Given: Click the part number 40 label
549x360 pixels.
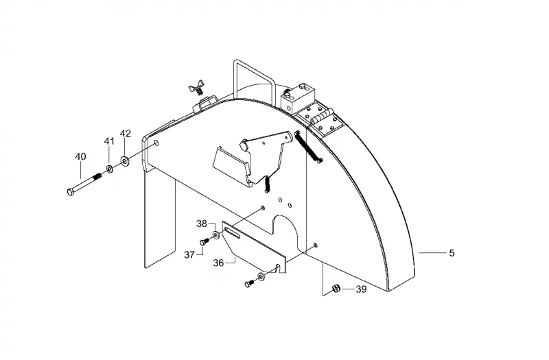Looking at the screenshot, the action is click(x=80, y=156).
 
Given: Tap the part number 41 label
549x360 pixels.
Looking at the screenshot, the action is click(x=109, y=141).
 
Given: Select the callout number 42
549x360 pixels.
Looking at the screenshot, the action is click(x=126, y=133).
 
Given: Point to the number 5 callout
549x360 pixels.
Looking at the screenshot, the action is click(x=452, y=253).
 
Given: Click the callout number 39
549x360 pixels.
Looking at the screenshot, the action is click(x=361, y=289).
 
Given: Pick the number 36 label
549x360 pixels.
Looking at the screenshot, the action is click(x=218, y=263).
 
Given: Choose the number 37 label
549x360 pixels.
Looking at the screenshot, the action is click(x=189, y=254).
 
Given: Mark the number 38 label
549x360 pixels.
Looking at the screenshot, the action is click(x=202, y=224).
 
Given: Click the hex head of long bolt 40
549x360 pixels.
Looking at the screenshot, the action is click(x=71, y=191).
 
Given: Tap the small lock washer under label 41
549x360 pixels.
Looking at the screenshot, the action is click(x=109, y=169).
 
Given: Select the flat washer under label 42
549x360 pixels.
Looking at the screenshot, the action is click(x=125, y=160).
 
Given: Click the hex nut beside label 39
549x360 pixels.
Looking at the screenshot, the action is click(x=336, y=288).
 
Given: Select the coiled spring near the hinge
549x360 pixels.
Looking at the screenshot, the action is click(x=308, y=146).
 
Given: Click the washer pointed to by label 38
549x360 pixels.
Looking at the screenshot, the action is click(x=216, y=235).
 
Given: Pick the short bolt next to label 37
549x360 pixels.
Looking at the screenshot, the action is click(x=204, y=241).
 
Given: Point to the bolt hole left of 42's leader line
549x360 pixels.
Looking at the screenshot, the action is click(x=156, y=143).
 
